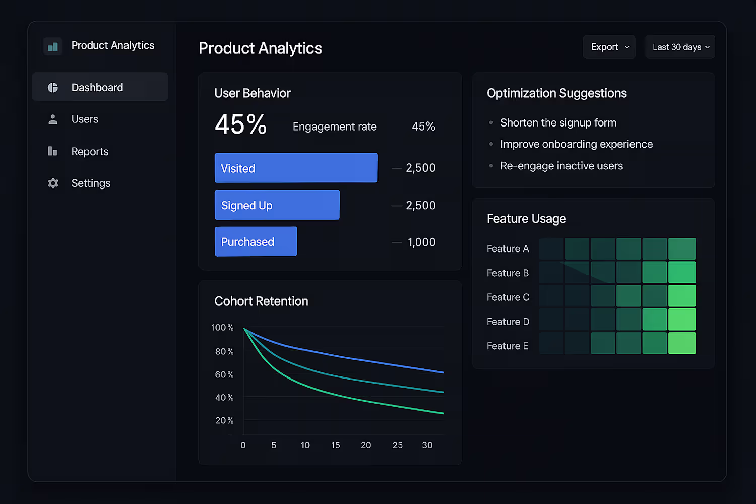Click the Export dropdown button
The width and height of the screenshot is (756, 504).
[x=609, y=47]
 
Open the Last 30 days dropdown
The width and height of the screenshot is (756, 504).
[x=680, y=47]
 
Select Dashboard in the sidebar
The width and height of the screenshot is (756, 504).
[x=100, y=87]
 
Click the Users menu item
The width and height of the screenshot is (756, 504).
[x=85, y=119]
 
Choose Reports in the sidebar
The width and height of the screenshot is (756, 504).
[x=90, y=152]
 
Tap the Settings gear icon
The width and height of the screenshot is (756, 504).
[x=53, y=183]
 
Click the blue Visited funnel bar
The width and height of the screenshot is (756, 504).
[x=296, y=168]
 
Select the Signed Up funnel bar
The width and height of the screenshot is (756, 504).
[x=277, y=205]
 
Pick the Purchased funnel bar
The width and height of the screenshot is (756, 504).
[x=256, y=241]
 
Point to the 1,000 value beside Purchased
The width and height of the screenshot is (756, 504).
[x=421, y=242]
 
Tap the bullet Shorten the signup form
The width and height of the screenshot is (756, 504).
[x=558, y=122]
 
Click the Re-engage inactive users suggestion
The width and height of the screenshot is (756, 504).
[x=561, y=166]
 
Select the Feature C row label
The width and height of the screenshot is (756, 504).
[x=508, y=297]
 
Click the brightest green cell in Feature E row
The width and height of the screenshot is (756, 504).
[x=682, y=343]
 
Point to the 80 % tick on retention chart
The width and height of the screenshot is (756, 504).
[x=224, y=351]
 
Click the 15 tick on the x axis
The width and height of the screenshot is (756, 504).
[x=336, y=445]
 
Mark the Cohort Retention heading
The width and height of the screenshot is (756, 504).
[x=261, y=301]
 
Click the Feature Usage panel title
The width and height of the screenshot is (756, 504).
[x=526, y=219]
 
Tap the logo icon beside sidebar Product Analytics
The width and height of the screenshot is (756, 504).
[x=53, y=46]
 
